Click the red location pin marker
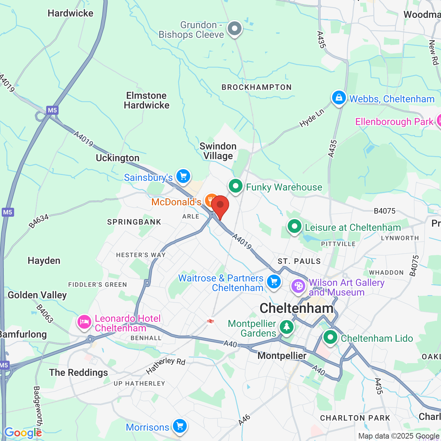220,205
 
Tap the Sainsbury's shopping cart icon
183,176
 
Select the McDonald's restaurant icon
211,201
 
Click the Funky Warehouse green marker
236,186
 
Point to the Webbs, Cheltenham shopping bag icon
339,98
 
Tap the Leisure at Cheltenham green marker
295,227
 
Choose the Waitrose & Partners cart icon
274,282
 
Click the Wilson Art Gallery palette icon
298,286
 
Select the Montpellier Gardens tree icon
286,326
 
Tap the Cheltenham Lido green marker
330,337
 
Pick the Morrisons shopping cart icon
180,426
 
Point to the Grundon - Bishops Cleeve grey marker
235,28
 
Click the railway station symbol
210,321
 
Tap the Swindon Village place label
218,151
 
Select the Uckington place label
117,158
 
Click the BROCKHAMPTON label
257,87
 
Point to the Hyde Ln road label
311,118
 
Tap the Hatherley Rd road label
166,366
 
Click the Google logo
23,433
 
